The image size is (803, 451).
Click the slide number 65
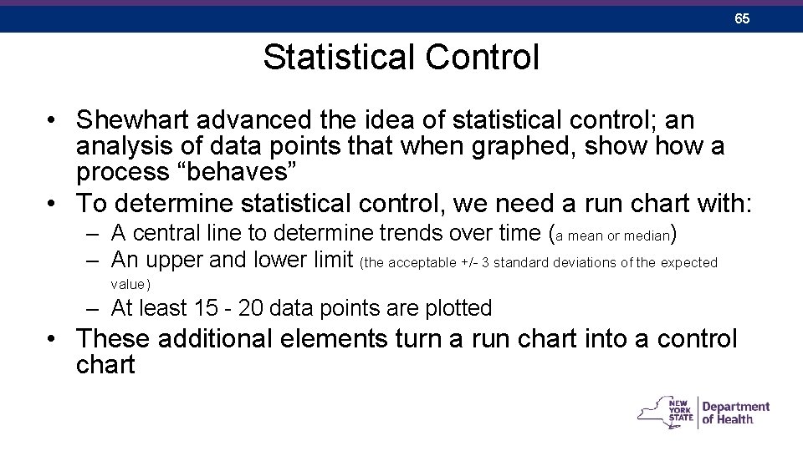click(x=742, y=18)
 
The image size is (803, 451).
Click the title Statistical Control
click(x=401, y=58)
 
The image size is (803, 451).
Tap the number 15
click(x=205, y=308)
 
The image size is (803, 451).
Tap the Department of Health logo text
click(x=734, y=413)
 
